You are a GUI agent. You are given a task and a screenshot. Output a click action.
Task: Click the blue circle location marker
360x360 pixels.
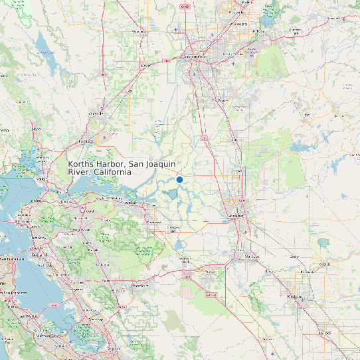[179, 179]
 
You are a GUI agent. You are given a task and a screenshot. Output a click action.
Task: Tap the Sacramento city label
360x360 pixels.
[205, 57]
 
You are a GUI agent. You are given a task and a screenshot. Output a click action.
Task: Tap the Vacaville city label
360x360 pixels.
[97, 113]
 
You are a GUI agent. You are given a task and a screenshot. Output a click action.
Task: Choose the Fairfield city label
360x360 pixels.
[85, 141]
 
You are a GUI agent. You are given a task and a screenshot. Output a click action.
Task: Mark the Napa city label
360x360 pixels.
[37, 129]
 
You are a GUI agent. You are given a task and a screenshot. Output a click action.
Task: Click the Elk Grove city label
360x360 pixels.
[219, 100]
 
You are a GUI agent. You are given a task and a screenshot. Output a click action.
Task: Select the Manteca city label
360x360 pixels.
[251, 256]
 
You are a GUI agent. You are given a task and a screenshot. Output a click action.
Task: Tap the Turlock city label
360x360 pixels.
[325, 332]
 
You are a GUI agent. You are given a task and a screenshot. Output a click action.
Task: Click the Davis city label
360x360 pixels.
[139, 66]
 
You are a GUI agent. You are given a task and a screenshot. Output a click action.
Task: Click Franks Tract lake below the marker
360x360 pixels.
[173, 194]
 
